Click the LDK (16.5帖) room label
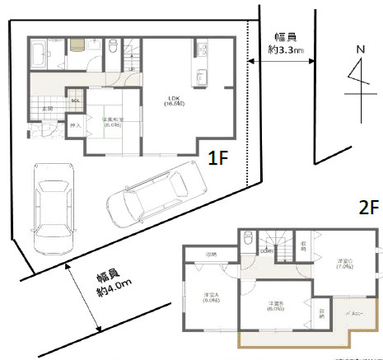(173, 101)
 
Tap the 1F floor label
(217, 157)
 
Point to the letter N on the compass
(359, 50)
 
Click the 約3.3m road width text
(286, 50)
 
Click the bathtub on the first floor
(38, 57)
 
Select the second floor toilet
(247, 240)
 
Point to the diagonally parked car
(156, 195)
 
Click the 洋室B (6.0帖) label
(274, 306)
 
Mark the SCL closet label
(76, 101)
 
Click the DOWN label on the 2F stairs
(267, 250)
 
